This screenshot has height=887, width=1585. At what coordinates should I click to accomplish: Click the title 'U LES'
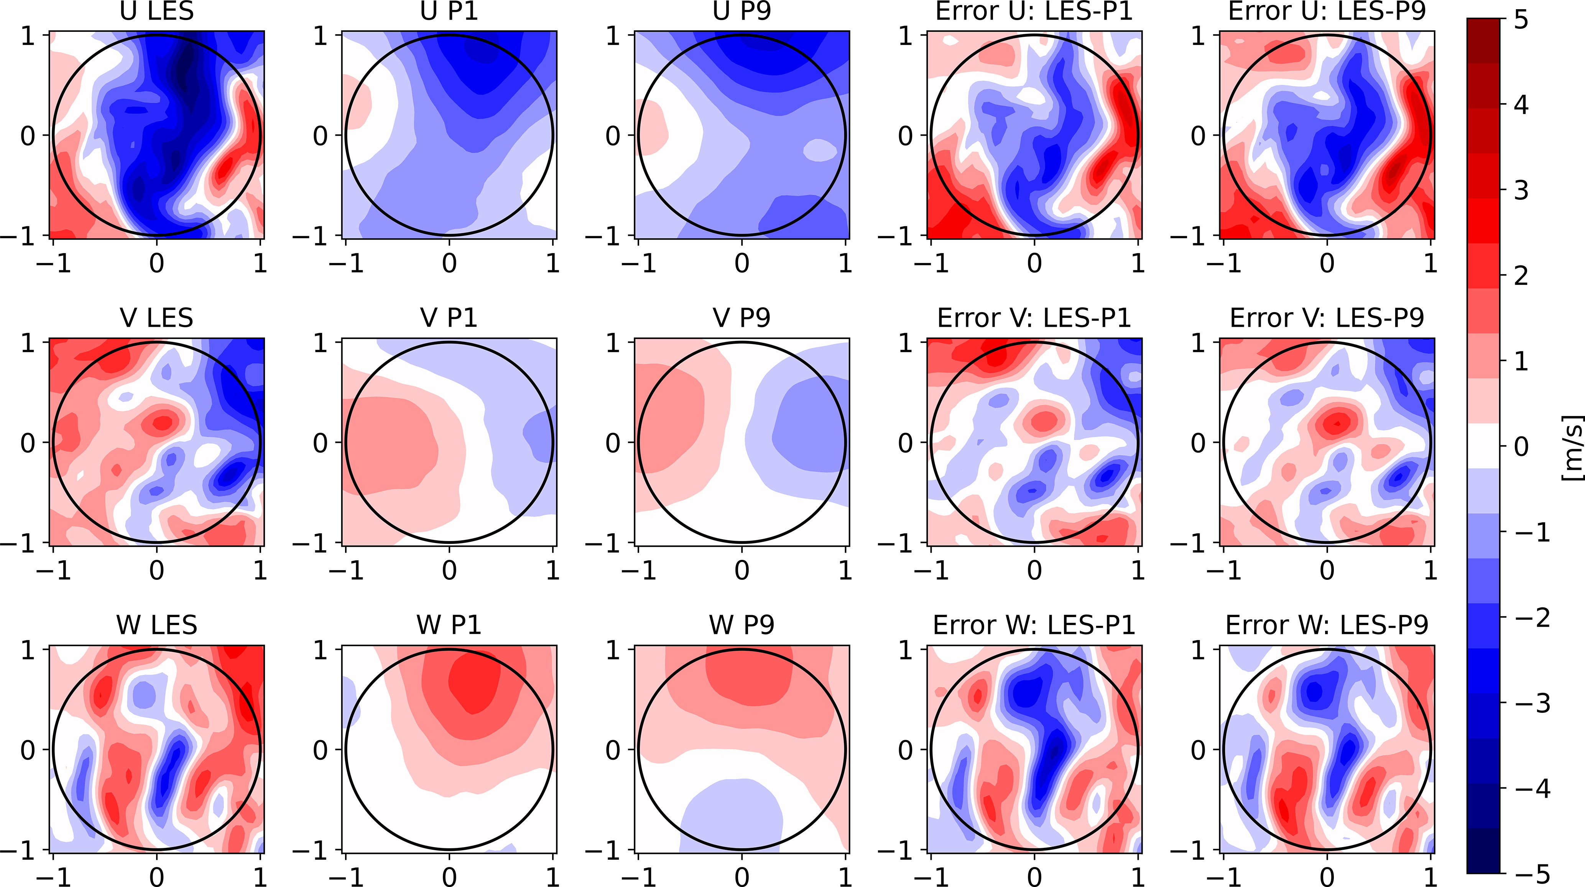[x=157, y=11]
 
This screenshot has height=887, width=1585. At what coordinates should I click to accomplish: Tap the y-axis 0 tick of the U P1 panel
[x=320, y=135]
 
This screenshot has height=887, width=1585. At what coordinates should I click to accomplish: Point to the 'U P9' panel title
[x=742, y=11]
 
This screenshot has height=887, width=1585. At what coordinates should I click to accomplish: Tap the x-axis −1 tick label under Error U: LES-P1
[x=931, y=263]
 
